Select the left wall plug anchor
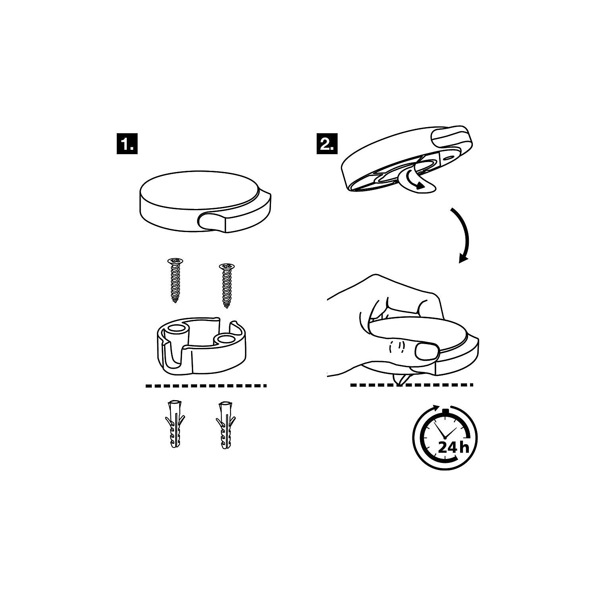pyautogui.click(x=174, y=424)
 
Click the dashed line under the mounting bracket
pyautogui.click(x=206, y=385)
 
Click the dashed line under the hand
pyautogui.click(x=412, y=385)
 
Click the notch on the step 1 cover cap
pyautogui.click(x=215, y=220)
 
